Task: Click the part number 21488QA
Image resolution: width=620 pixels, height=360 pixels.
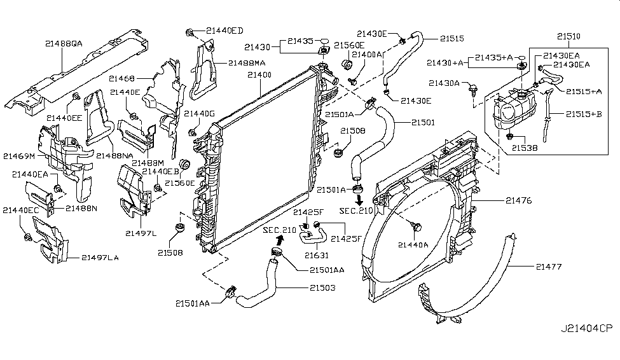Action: coord(64,44)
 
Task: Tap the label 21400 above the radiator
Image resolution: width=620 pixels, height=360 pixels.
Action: coord(259,75)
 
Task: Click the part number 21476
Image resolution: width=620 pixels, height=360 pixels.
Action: coord(518,200)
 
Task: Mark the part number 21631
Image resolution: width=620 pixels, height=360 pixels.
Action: coord(315,255)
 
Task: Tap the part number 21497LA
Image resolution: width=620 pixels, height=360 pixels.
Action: coord(100,258)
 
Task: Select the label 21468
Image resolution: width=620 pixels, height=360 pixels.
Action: coord(121,78)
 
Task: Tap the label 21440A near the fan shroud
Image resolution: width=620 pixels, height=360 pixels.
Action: coord(413,244)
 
